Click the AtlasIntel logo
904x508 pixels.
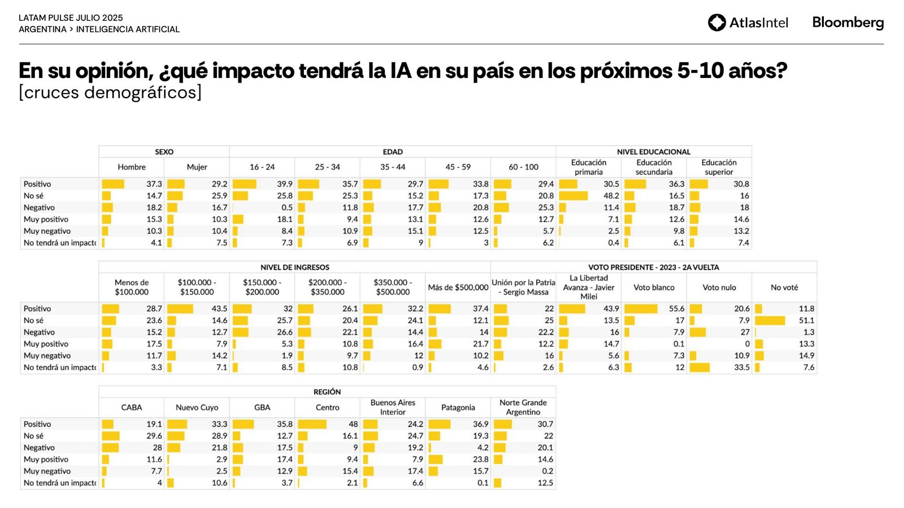pos(747,23)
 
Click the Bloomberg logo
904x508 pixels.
pos(847,23)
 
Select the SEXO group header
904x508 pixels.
pos(164,152)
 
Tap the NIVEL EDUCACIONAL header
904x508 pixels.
pos(653,152)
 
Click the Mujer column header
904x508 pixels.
pos(197,167)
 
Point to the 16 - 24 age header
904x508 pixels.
pos(262,167)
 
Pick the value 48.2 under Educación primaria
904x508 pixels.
pos(611,196)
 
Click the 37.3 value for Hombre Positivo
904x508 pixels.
pos(154,184)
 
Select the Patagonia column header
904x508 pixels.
pos(458,408)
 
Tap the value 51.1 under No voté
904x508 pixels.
pos(806,321)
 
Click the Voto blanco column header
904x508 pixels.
pos(654,287)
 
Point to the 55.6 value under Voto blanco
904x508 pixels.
pos(676,309)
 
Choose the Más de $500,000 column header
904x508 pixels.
pos(458,287)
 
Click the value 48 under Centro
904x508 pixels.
pos(353,424)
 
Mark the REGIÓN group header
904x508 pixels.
pos(327,392)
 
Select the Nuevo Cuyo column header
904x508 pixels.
pos(197,408)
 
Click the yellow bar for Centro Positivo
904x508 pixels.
pos(312,424)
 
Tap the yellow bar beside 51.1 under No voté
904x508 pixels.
pos(770,321)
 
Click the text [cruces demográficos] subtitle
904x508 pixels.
pos(110,93)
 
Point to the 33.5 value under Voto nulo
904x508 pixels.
pos(741,367)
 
